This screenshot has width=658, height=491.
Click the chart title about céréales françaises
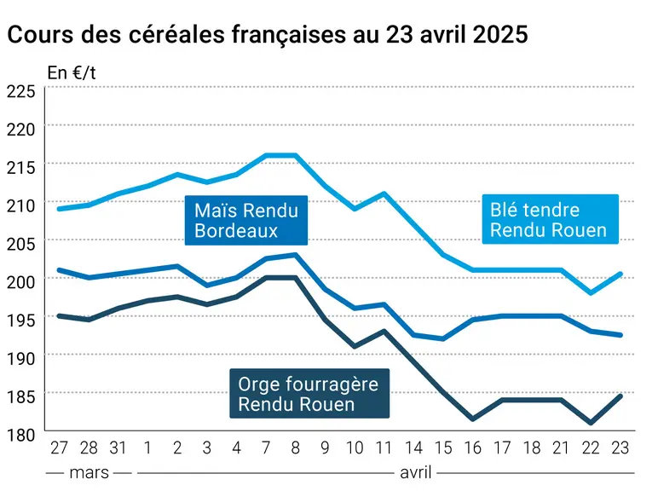268,34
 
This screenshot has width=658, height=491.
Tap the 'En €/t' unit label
72,72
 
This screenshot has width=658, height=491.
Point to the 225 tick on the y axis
21,91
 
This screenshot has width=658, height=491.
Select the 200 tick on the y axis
21,282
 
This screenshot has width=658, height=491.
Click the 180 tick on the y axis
21,435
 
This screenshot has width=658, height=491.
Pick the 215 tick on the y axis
21,167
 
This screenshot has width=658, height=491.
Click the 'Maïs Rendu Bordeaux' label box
246,220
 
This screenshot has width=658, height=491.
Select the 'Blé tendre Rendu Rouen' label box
550,219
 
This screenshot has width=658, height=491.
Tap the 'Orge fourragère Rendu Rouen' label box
309,393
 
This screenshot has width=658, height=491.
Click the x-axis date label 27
59,448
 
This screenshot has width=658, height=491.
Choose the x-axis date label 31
118,448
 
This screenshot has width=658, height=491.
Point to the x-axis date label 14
413,448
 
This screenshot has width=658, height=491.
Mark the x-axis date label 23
620,448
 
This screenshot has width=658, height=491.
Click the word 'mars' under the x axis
89,473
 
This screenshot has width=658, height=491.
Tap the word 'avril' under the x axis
415,473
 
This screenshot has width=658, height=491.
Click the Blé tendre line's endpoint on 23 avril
620,274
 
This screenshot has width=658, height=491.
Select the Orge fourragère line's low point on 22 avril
591,423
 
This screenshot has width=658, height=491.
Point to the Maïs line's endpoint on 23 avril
620,335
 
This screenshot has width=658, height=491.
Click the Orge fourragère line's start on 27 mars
59,315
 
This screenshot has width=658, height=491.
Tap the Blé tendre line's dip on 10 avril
355,209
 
